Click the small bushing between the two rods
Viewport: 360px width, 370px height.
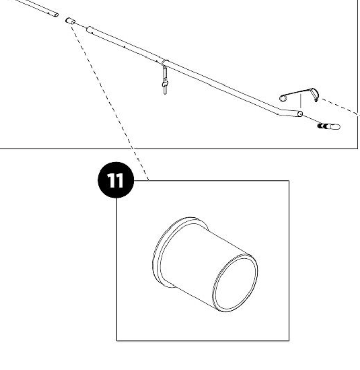(x=70, y=21)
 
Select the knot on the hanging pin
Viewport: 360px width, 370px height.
(x=164, y=84)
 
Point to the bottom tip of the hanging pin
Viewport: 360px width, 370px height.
(x=165, y=94)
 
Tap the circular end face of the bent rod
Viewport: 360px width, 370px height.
(x=300, y=114)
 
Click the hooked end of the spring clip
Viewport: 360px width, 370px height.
(x=315, y=95)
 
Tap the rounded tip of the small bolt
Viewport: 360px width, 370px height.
(x=338, y=125)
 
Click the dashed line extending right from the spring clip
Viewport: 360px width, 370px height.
(x=339, y=105)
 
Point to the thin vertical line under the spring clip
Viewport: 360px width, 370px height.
(x=304, y=99)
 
